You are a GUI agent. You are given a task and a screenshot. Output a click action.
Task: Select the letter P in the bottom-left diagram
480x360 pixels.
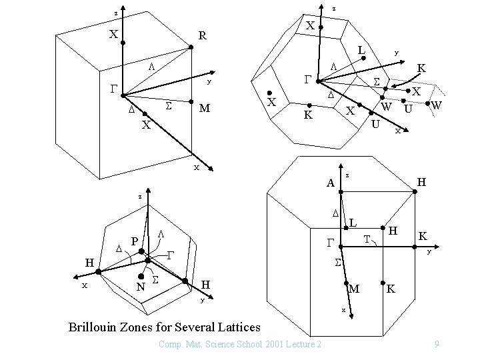pyautogui.click(x=135, y=241)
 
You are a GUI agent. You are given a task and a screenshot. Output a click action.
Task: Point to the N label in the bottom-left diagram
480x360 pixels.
pyautogui.click(x=140, y=287)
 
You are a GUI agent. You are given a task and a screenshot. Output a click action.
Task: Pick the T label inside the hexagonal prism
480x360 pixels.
pyautogui.click(x=367, y=239)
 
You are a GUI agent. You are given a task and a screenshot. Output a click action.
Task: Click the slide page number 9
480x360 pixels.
pyautogui.click(x=435, y=343)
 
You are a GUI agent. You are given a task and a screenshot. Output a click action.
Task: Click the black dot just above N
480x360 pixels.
pyautogui.click(x=142, y=275)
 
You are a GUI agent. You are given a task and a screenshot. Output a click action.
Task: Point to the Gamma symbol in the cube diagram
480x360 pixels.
pyautogui.click(x=114, y=88)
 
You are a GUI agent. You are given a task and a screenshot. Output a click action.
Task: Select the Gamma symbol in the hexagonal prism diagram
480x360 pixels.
pyautogui.click(x=330, y=242)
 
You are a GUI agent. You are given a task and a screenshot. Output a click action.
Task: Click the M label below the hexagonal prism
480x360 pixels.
pyautogui.click(x=355, y=289)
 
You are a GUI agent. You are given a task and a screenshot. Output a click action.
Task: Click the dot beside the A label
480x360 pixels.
pyautogui.click(x=341, y=191)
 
